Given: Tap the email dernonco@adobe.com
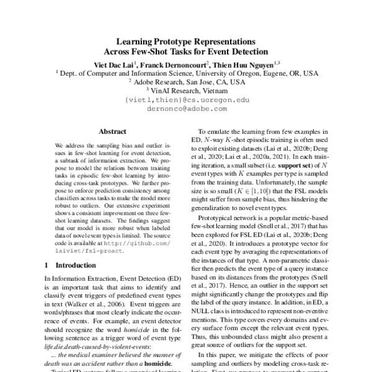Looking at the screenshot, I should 187,107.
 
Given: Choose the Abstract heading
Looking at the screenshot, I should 113,132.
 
